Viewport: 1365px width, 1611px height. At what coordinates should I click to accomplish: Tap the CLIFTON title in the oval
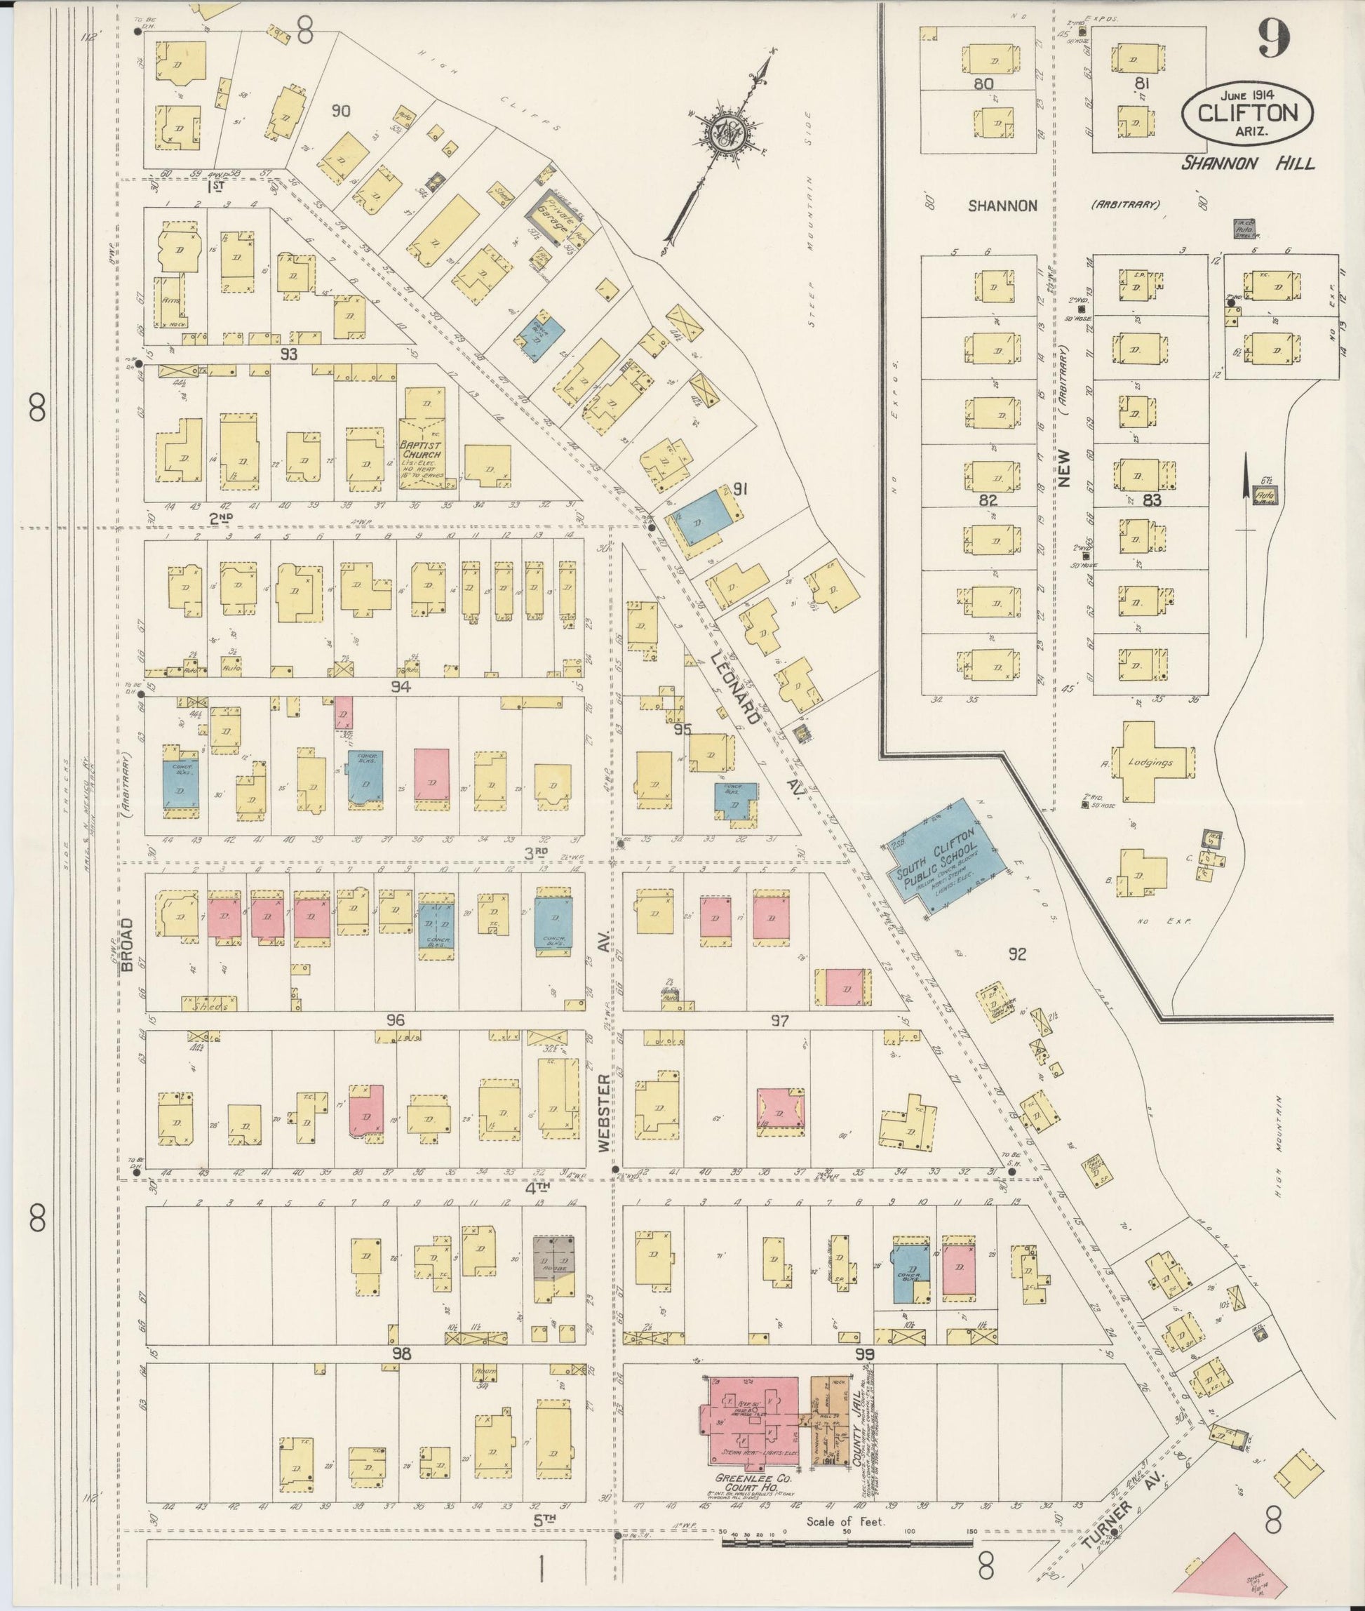point(1247,114)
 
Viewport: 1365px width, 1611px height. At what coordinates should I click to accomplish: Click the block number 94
point(400,686)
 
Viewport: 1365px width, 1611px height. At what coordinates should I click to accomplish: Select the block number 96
point(396,1020)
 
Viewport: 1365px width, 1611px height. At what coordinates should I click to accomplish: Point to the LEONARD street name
point(736,688)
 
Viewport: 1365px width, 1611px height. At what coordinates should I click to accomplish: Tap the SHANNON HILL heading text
point(1246,163)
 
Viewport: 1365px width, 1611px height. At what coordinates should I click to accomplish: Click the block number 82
point(988,500)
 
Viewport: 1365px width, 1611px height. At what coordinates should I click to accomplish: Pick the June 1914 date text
point(1247,95)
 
